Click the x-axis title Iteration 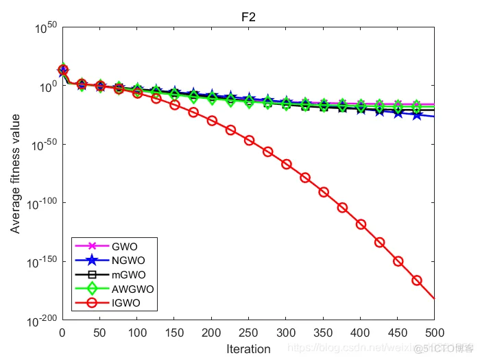click(248, 349)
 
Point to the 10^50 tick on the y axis click(46, 28)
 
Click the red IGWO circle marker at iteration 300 click(286, 165)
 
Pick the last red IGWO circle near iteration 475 click(416, 280)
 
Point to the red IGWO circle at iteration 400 click(361, 224)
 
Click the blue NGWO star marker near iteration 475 click(416, 115)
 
